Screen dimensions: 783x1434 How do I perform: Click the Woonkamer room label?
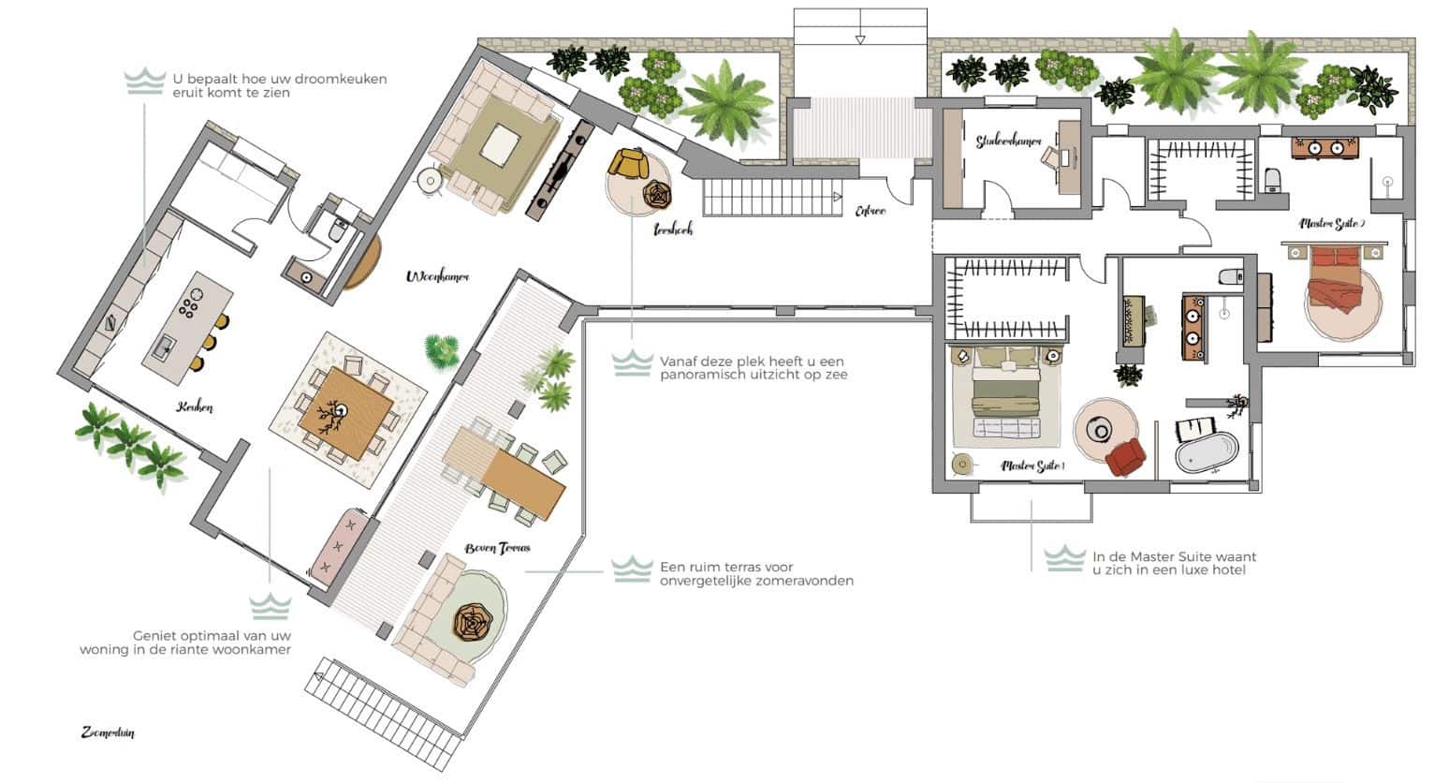click(x=437, y=276)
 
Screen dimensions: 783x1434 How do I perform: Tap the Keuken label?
click(x=195, y=407)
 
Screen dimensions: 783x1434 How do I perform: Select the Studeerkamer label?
click(x=1008, y=141)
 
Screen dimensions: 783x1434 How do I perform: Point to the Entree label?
click(x=870, y=212)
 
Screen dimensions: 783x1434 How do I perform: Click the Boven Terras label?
click(x=497, y=548)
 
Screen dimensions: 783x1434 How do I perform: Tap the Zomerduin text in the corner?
click(x=108, y=732)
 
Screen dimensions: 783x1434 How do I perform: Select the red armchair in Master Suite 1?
click(x=1125, y=457)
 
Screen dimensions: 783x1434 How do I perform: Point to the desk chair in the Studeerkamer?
click(x=1051, y=157)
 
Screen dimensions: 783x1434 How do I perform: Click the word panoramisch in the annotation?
click(x=706, y=376)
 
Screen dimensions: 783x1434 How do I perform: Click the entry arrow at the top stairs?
click(x=860, y=38)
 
